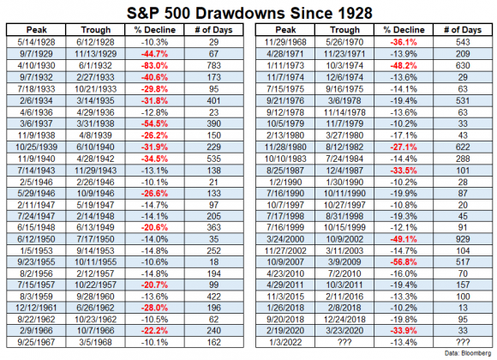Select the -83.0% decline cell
tap(154, 66)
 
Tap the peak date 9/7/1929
tap(36, 54)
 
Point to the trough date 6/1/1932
tap(95, 66)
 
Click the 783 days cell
tap(213, 66)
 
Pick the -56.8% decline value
tap(404, 262)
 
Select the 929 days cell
tap(463, 239)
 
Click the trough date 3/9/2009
tap(344, 262)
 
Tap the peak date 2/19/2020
tap(285, 331)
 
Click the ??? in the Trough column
tap(344, 343)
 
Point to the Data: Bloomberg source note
tap(468, 353)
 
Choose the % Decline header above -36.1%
tap(404, 30)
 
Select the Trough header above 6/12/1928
tap(95, 30)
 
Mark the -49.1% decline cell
tap(404, 239)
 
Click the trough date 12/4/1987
tap(344, 171)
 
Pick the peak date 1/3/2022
tap(285, 343)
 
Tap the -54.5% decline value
tap(154, 123)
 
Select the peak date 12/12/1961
tap(36, 308)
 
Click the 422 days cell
tap(213, 297)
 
